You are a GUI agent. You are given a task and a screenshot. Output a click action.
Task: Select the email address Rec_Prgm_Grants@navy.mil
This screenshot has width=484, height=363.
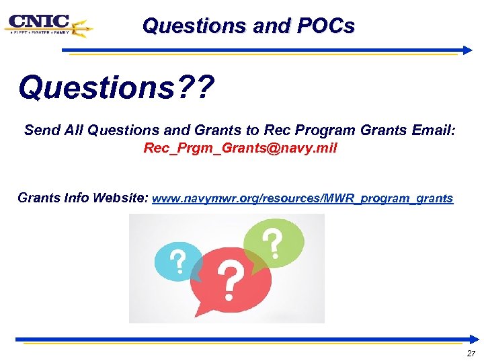(x=240, y=148)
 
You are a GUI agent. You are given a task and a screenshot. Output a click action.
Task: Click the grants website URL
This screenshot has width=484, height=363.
(x=303, y=199)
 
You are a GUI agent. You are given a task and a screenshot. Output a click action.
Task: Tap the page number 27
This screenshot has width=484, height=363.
(x=470, y=354)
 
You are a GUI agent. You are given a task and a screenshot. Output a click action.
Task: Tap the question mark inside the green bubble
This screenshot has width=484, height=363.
(x=272, y=243)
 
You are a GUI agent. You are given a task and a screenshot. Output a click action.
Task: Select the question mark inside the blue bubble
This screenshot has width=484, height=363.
(x=178, y=263)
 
